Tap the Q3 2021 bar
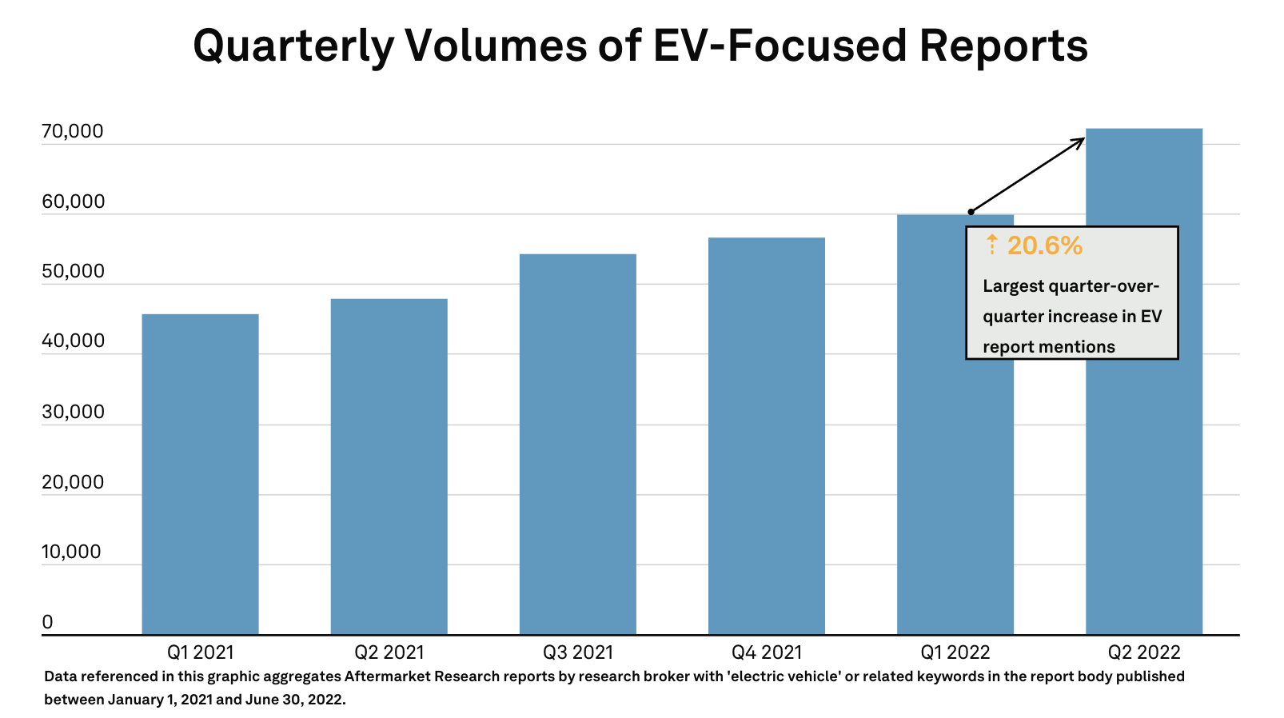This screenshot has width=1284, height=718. tap(577, 444)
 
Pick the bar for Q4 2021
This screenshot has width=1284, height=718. tap(766, 436)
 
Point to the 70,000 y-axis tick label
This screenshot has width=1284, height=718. tap(73, 131)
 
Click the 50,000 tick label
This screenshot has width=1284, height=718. tap(73, 271)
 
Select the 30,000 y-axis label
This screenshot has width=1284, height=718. tap(73, 412)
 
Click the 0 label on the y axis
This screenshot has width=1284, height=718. tap(47, 622)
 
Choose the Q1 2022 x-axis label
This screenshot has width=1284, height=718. tap(955, 652)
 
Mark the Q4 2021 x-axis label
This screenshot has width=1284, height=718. tap(766, 652)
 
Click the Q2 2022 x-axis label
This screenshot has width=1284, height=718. tap(1143, 652)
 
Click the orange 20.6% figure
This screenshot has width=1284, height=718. tap(1044, 245)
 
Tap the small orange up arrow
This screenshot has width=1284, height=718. tap(991, 244)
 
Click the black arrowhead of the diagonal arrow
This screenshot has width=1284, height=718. tap(1079, 142)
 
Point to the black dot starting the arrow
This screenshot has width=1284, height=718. tap(971, 212)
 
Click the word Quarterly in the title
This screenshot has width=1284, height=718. tap(293, 46)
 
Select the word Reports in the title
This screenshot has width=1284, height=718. tap(1003, 46)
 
